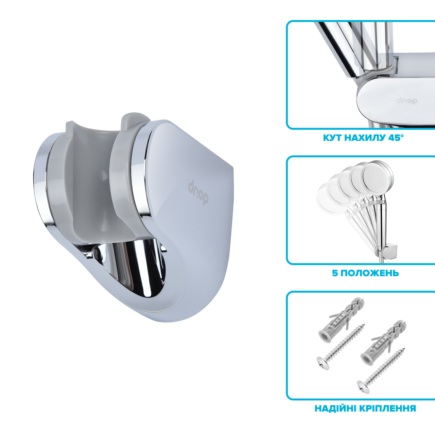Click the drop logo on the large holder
198,193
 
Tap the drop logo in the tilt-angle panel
407,101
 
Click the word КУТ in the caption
333,138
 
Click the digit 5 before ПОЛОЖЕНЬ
335,273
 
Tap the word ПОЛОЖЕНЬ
369,273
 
